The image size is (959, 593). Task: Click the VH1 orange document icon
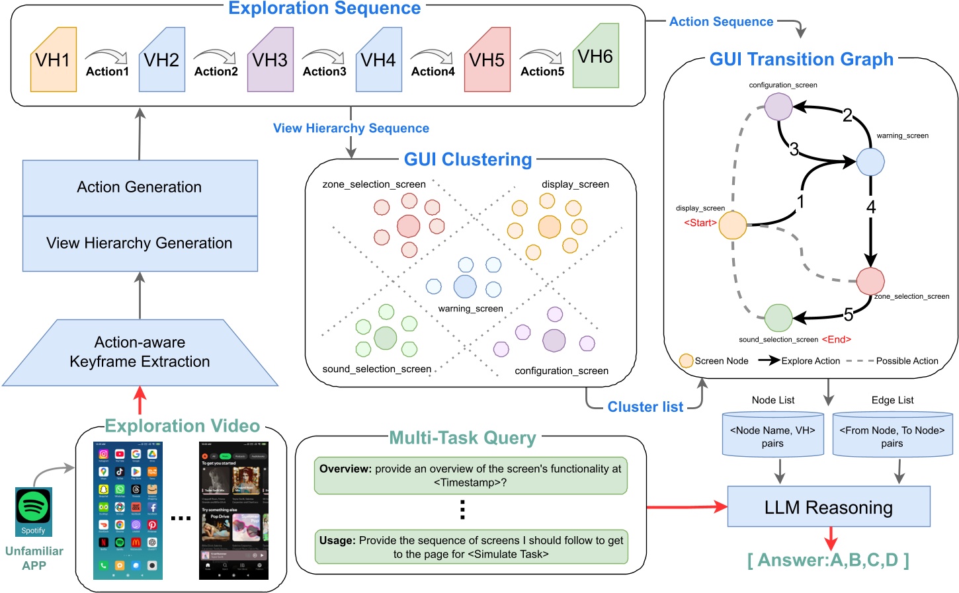click(x=54, y=59)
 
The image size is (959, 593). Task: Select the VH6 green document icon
click(x=595, y=56)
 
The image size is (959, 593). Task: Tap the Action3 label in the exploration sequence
click(x=324, y=71)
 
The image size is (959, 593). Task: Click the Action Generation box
click(x=140, y=187)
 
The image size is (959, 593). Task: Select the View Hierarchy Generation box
click(x=140, y=243)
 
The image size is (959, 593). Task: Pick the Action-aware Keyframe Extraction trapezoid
click(x=140, y=352)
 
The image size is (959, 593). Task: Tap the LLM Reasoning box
click(x=828, y=507)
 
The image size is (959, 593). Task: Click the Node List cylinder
click(x=772, y=436)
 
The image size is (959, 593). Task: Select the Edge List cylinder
click(x=892, y=436)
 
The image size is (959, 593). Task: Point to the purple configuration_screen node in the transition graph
click(x=778, y=106)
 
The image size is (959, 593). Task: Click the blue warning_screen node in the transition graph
click(x=870, y=161)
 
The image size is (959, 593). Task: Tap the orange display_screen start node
click(x=733, y=225)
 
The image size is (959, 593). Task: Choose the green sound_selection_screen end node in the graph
click(x=778, y=318)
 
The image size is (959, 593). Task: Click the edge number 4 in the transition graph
click(x=871, y=208)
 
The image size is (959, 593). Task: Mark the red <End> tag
click(x=836, y=339)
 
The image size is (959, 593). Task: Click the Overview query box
click(x=470, y=475)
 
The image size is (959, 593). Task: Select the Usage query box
click(x=470, y=547)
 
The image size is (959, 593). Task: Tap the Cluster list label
click(x=645, y=407)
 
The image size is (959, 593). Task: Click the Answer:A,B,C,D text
click(x=828, y=560)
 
